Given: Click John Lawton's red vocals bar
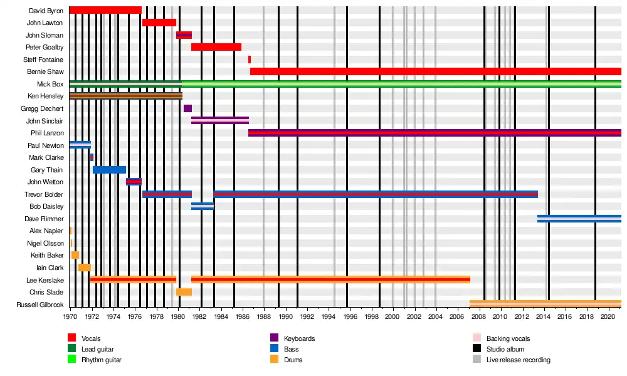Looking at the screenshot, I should (159, 23).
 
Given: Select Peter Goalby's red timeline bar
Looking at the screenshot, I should (216, 47).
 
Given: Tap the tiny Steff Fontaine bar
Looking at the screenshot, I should (250, 60).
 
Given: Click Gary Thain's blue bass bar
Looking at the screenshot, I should (109, 170).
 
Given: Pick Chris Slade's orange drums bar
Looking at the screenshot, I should (184, 292).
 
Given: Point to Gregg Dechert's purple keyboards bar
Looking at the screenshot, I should (187, 108).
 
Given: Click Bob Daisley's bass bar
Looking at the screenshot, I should (203, 206).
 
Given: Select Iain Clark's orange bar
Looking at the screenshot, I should (85, 268).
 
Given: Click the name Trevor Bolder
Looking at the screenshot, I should (44, 194).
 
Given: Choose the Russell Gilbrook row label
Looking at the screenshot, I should (40, 305).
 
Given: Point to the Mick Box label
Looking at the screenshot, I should (50, 84).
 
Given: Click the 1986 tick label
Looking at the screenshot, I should (243, 317).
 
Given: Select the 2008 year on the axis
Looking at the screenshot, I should (479, 317).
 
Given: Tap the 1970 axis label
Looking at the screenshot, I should (70, 317).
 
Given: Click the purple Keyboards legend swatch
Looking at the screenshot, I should (273, 338).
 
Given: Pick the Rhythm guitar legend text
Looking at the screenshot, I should (102, 360).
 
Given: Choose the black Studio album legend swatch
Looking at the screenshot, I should (477, 349).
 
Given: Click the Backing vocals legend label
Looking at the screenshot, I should (508, 338).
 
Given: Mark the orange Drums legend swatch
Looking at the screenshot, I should (273, 360).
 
